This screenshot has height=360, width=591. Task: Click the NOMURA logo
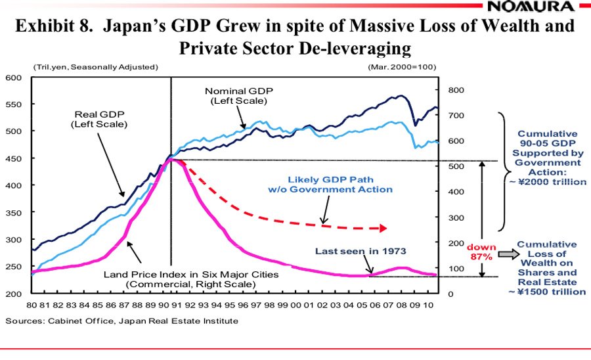pos(539,7)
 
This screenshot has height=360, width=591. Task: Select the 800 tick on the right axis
pos(456,90)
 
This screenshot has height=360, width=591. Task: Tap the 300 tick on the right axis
pos(456,217)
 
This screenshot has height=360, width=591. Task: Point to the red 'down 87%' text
pos(482,252)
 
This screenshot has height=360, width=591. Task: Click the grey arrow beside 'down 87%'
pos(505,254)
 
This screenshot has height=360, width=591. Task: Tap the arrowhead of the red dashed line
pos(383,228)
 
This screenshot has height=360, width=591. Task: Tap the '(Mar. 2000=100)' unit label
pos(402,67)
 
